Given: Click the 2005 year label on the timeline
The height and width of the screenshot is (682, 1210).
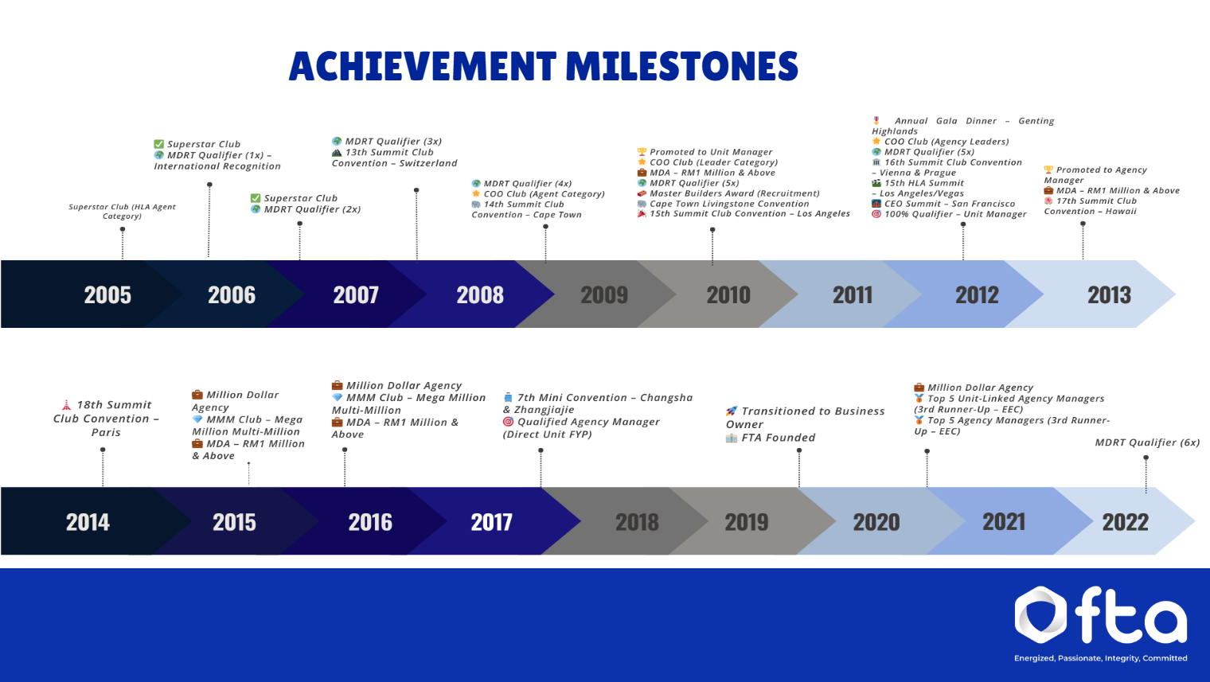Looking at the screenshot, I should point(107,295).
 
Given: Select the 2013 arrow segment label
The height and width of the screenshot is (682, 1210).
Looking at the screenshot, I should point(1109,295).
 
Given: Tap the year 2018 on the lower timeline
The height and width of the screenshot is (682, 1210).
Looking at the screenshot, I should point(637,523).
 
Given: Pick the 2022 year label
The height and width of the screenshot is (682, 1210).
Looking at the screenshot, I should point(1125,523).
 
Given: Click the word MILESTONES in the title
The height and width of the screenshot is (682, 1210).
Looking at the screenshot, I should point(681,67).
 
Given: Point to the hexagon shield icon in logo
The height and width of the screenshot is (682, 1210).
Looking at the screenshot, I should point(1040,614).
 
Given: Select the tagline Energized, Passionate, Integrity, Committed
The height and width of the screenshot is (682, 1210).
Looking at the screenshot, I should point(1100,658).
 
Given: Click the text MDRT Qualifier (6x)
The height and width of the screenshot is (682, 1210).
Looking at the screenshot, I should point(1147,442).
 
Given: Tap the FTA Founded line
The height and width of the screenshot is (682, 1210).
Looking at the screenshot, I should point(778,438).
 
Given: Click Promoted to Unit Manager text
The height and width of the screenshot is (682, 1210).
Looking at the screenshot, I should point(710,152).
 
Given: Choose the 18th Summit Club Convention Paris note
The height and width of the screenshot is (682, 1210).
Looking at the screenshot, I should point(106,419).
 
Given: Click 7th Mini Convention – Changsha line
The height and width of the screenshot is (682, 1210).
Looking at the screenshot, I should point(604,398).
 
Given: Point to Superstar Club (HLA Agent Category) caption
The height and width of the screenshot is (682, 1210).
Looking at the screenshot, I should point(122,211).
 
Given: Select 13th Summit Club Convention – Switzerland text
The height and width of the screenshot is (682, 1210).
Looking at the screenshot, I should point(394,158).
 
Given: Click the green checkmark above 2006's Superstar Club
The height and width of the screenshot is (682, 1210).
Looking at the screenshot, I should point(158,145).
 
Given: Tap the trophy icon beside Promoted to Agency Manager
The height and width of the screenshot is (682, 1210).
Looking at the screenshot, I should point(1048,170).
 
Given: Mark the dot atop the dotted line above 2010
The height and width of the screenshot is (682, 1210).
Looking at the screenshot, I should point(712,229).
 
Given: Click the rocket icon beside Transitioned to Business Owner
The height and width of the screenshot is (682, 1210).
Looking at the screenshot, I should point(731,411).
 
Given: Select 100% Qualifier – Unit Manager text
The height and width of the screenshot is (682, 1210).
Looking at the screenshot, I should point(955,214).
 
